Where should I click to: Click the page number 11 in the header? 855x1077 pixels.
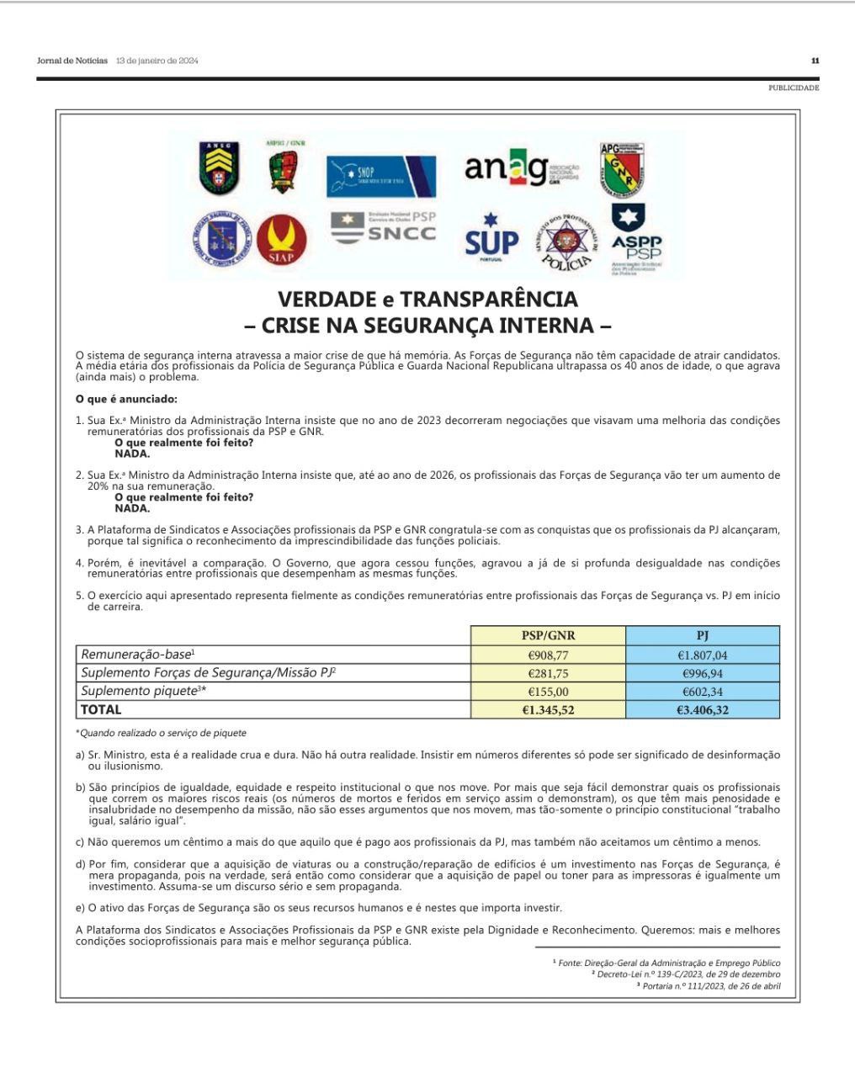pos(815,61)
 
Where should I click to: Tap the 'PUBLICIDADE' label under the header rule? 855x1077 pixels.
pos(793,88)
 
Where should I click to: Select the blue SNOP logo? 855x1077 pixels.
pos(381,176)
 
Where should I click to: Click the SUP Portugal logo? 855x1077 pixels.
pos(491,239)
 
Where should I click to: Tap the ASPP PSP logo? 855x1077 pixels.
pos(635,239)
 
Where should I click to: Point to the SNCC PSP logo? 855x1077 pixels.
pos(384,227)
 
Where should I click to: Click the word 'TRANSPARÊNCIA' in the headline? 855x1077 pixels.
pos(489,300)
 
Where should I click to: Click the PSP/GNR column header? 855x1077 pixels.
pos(548,635)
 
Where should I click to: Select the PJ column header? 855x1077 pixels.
pos(703,635)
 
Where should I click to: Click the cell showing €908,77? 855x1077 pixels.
pos(548,655)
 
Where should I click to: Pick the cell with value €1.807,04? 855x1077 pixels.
pos(703,655)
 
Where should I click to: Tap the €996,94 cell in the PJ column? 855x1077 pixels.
pos(703,673)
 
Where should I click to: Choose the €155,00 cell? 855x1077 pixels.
pos(548,692)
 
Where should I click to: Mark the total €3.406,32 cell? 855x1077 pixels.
pos(703,710)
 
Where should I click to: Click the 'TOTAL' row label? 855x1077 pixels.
pos(101,710)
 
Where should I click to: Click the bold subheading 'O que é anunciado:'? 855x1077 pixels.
pos(126,399)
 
